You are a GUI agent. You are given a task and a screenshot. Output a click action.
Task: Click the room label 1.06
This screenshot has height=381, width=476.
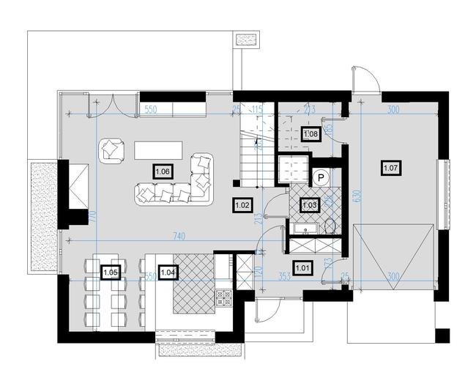pyautogui.click(x=163, y=171)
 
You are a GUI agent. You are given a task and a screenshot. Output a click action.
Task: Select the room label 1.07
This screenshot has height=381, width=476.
pyautogui.click(x=392, y=169)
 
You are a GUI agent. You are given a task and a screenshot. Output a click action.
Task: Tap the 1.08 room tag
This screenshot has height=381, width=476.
pyautogui.click(x=310, y=134)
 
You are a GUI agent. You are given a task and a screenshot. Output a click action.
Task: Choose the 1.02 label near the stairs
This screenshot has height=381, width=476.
pyautogui.click(x=243, y=205)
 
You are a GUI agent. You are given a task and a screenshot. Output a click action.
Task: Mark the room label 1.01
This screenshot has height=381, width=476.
pyautogui.click(x=302, y=268)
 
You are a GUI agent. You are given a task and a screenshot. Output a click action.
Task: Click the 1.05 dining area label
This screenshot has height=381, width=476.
pyautogui.click(x=111, y=273)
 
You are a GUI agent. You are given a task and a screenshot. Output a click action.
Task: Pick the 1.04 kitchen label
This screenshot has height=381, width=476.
pyautogui.click(x=168, y=273)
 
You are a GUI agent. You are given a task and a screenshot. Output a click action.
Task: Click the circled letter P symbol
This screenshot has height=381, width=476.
pyautogui.click(x=321, y=177)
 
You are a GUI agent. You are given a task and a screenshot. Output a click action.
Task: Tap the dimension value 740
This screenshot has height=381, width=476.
pyautogui.click(x=175, y=236)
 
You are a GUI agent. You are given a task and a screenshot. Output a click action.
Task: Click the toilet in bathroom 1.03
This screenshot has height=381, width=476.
pyautogui.click(x=330, y=224)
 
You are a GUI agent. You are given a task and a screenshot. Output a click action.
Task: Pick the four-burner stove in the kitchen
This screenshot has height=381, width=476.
pyautogui.click(x=223, y=297)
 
